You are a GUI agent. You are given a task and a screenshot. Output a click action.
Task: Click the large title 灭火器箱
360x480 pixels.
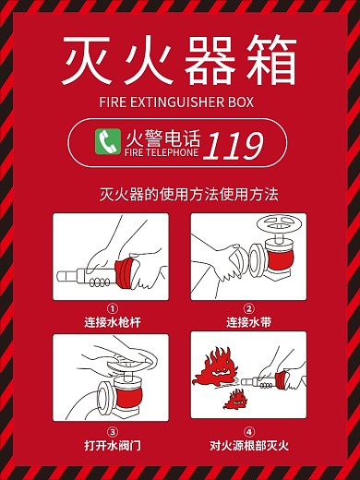[x=180, y=60]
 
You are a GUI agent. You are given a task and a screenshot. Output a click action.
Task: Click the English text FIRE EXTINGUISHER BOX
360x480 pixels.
[x=180, y=102]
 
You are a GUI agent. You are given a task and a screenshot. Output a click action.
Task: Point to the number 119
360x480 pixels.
[x=233, y=145]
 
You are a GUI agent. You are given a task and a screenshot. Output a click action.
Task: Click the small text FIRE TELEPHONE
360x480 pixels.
[x=161, y=154]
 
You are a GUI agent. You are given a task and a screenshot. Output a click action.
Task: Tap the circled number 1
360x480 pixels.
[x=112, y=310]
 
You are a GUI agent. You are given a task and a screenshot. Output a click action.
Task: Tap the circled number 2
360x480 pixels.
[x=248, y=310]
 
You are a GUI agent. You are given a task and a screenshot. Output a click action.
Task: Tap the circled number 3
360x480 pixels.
[x=112, y=432]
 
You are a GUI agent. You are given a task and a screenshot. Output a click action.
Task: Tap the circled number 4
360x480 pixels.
[x=248, y=432]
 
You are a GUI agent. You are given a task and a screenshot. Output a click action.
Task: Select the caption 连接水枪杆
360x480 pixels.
[x=112, y=323]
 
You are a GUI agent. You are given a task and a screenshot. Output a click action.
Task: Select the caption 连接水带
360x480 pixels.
[x=248, y=323]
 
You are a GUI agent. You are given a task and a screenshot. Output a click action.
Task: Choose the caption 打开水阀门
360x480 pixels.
[x=112, y=446]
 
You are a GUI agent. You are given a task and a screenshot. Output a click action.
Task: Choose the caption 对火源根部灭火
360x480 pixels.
[x=248, y=446]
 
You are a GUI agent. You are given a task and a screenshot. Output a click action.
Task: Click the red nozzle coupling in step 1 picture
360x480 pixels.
[x=124, y=272]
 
